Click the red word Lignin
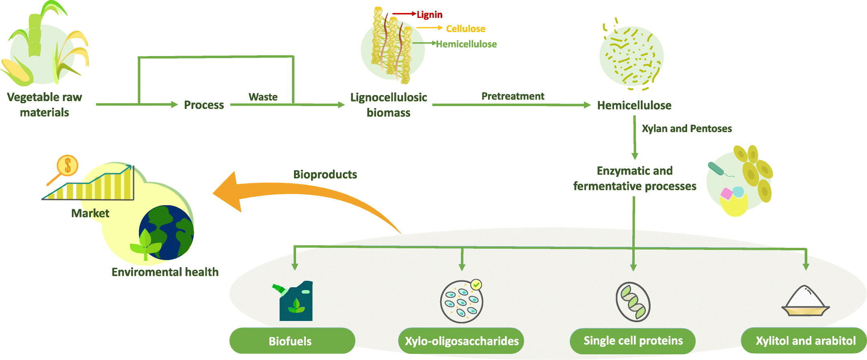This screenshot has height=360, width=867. [430, 15]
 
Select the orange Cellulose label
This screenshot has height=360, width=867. [466, 29]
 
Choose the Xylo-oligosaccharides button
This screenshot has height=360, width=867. [462, 340]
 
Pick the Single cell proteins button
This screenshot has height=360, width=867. [633, 340]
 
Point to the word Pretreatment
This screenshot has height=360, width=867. [513, 96]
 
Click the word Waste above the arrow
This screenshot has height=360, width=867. [263, 97]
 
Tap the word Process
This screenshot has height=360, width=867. [204, 105]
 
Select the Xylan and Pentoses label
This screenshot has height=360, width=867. [687, 129]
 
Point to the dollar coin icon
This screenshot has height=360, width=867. [67, 165]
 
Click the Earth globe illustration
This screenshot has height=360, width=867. [166, 232]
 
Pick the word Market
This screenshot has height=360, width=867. [90, 213]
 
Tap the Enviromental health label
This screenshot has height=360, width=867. [165, 272]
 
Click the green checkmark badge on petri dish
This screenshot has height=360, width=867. [476, 285]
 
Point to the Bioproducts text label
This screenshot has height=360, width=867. [325, 175]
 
